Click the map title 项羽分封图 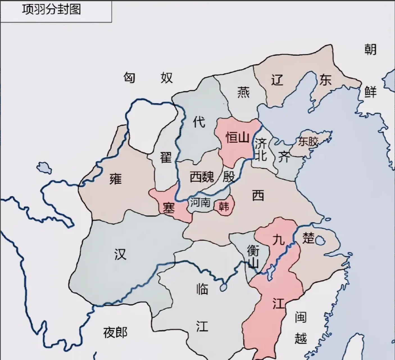click(52, 9)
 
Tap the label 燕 click(243, 92)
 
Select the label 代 click(199, 122)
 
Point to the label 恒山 click(238, 138)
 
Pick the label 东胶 click(308, 141)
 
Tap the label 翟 click(166, 157)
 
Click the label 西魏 click(202, 177)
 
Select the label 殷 click(229, 177)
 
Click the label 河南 click(200, 202)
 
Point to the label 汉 click(121, 254)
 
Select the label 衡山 click(253, 256)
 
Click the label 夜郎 click(115, 332)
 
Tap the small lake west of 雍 click(44, 168)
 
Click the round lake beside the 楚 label click(320, 241)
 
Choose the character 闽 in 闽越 click(300, 317)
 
